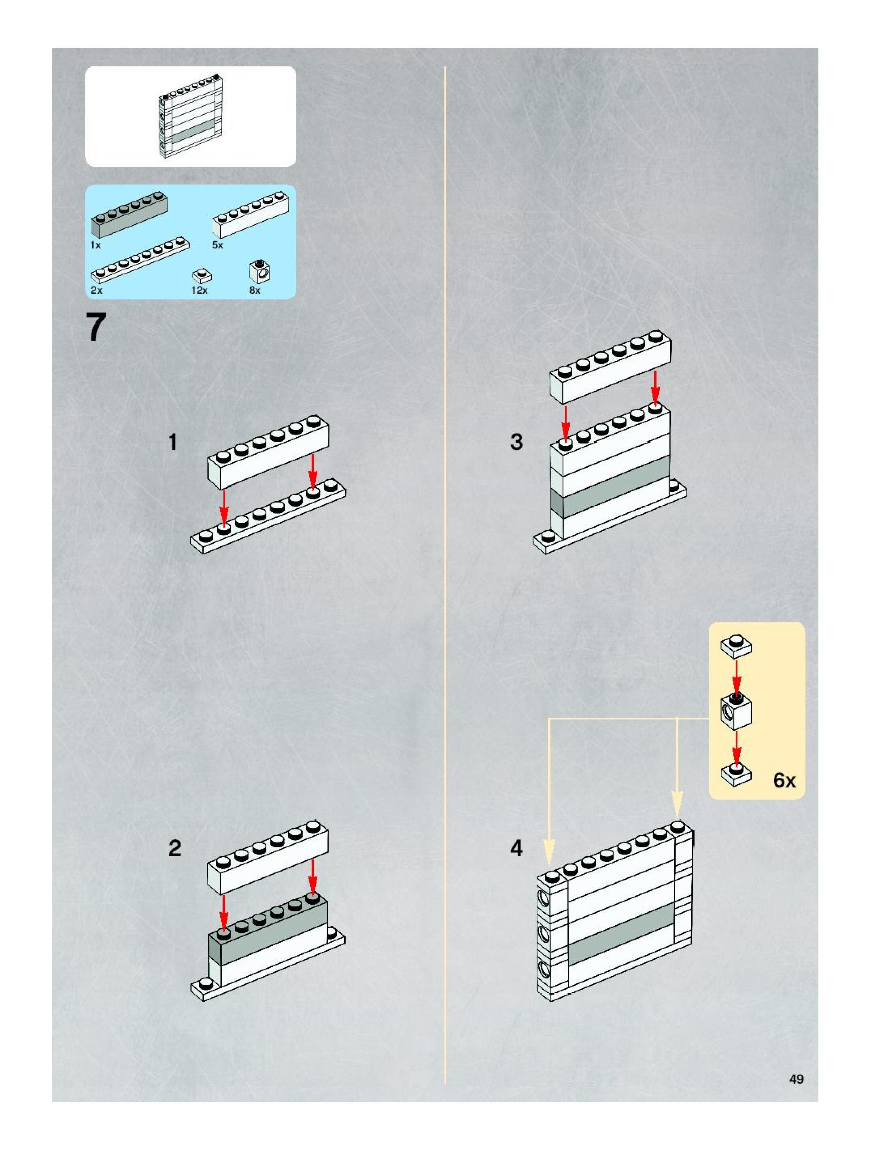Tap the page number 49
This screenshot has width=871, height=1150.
pos(796,1079)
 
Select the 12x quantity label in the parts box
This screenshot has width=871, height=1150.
pos(199,290)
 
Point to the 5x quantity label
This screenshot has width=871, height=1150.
pos(217,245)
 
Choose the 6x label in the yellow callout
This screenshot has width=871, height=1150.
pos(784,780)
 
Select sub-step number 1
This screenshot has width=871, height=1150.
pos(173,442)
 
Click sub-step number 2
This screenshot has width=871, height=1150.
pos(175,849)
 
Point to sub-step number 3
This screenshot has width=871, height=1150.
pos(516,442)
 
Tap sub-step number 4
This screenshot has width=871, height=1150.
pos(516,849)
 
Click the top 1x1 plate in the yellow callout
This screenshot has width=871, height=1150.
pos(736,646)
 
